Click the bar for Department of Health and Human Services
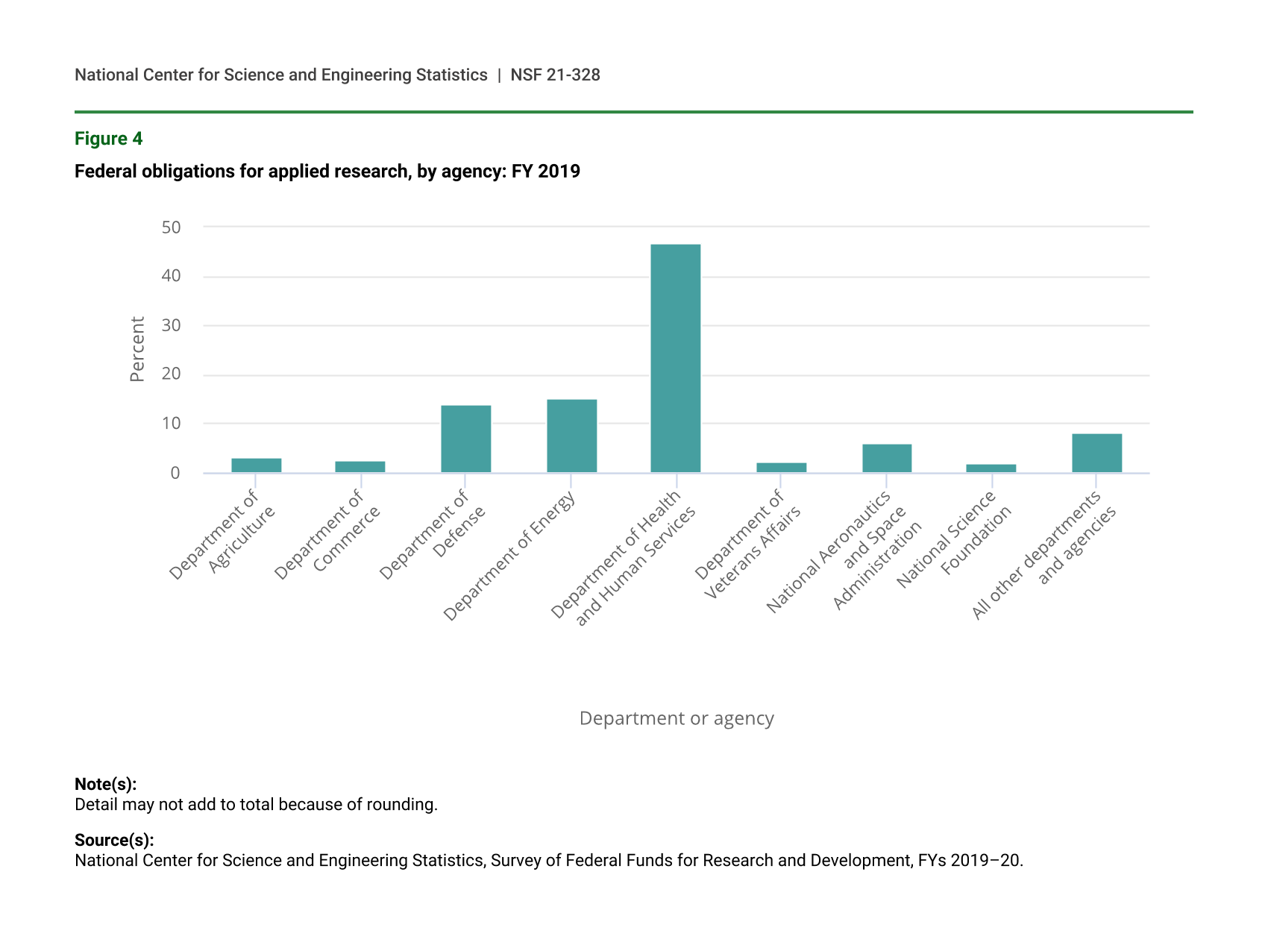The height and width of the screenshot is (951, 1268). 675,358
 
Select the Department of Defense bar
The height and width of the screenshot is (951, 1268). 465,439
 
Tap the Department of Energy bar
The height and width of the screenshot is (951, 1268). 571,436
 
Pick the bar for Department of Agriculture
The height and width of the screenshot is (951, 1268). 256,465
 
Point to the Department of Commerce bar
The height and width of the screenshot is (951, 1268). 360,467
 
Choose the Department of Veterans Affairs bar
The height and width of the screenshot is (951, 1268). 781,468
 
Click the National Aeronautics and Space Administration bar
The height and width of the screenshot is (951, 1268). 887,458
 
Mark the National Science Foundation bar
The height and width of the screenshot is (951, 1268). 991,468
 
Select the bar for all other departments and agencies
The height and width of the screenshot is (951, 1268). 1096,453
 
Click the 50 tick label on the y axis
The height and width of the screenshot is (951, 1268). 172,227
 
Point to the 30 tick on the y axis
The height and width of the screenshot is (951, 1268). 172,325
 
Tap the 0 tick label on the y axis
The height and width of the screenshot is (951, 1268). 175,473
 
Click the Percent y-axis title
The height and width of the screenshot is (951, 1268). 137,349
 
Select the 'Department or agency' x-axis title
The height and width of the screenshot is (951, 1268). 677,718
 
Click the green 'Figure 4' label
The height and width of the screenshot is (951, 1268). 108,139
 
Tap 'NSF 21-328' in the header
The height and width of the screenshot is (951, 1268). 555,75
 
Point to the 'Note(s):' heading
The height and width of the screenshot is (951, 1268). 105,784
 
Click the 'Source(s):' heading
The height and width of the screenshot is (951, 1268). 114,840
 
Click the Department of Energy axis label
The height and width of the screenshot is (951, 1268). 510,556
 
